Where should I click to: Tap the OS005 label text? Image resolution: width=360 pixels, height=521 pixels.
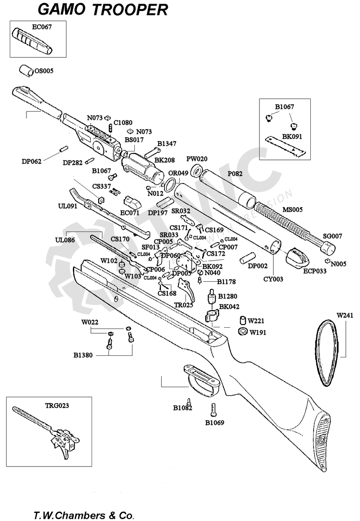pyautogui.click(x=44, y=71)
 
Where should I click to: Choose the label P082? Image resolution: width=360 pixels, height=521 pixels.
pyautogui.click(x=235, y=174)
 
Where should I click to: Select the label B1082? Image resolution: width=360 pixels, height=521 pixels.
pyautogui.click(x=182, y=408)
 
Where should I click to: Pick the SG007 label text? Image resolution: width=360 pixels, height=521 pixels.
pyautogui.click(x=332, y=236)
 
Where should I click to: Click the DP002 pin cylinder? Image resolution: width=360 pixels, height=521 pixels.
pyautogui.click(x=247, y=257)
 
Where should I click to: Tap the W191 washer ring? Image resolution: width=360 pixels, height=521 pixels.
pyautogui.click(x=243, y=331)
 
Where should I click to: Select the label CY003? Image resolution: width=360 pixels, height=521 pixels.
pyautogui.click(x=273, y=279)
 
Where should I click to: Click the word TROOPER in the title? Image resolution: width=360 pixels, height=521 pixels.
pyautogui.click(x=130, y=9)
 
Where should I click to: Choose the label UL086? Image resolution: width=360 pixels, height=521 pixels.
pyautogui.click(x=65, y=240)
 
